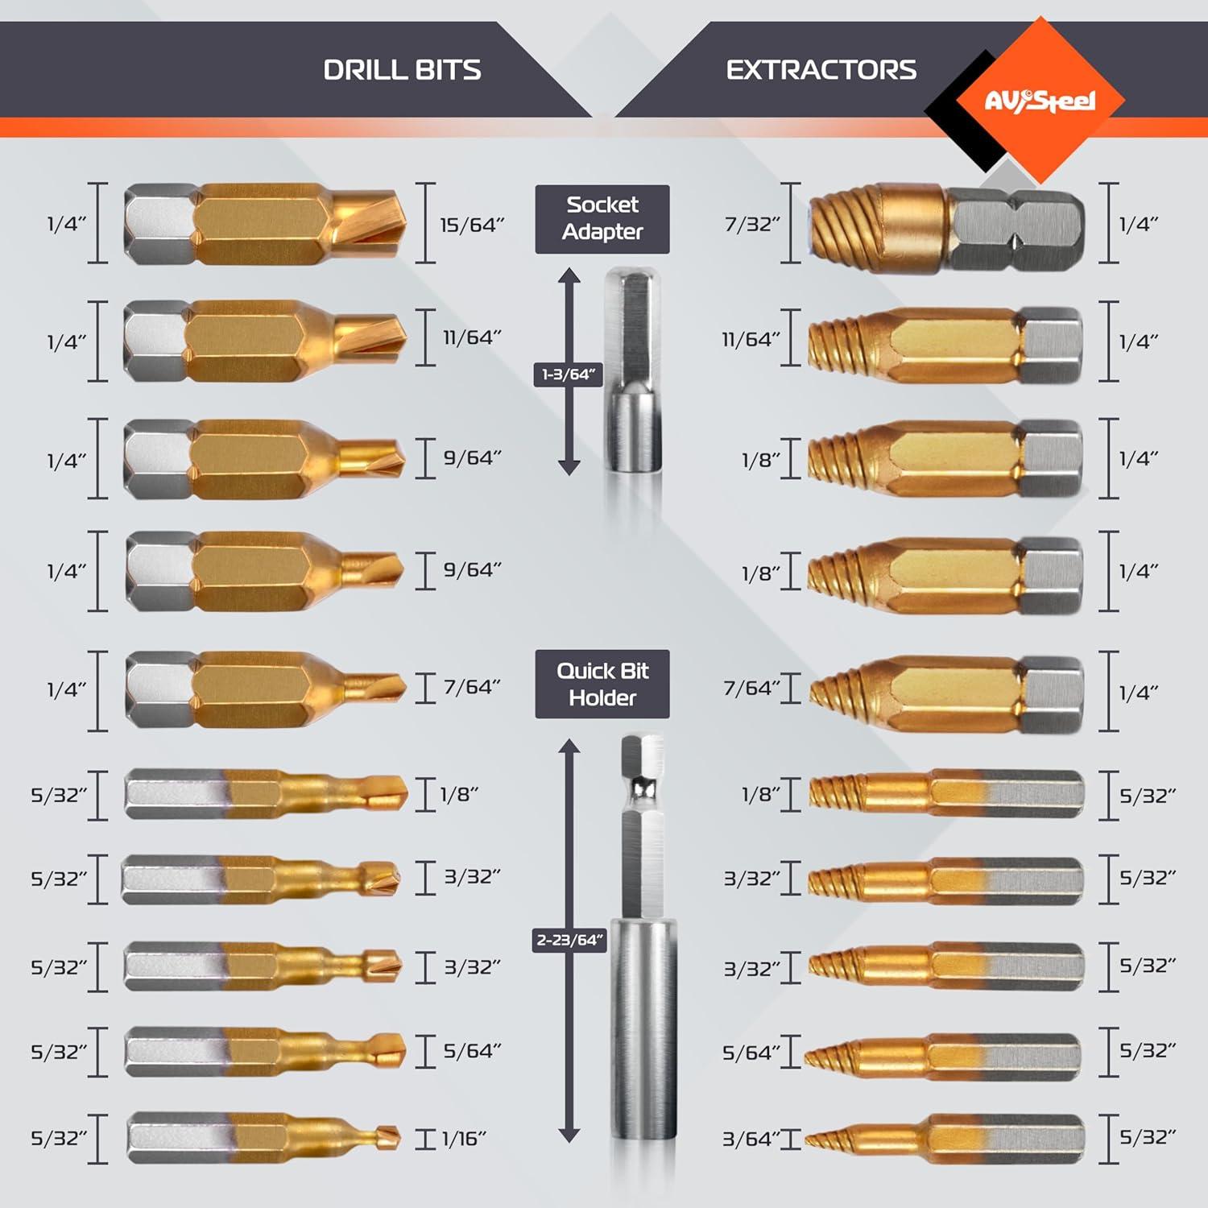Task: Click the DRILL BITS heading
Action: (x=402, y=70)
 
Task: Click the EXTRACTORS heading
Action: (x=821, y=70)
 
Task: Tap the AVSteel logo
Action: (x=1040, y=101)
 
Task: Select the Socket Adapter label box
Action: (x=602, y=218)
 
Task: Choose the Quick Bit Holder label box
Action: (x=602, y=684)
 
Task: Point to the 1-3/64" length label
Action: (x=568, y=374)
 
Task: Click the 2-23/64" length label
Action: (x=569, y=940)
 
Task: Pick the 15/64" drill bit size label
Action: (x=472, y=225)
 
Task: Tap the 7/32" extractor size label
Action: (x=752, y=224)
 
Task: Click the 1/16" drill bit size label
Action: (x=464, y=1138)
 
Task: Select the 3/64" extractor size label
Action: (x=751, y=1139)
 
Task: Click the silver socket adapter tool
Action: (x=634, y=370)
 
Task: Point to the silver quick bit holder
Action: (x=643, y=934)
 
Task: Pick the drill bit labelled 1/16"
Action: (x=263, y=1138)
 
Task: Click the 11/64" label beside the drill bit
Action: (x=472, y=337)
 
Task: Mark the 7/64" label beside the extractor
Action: (x=751, y=688)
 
